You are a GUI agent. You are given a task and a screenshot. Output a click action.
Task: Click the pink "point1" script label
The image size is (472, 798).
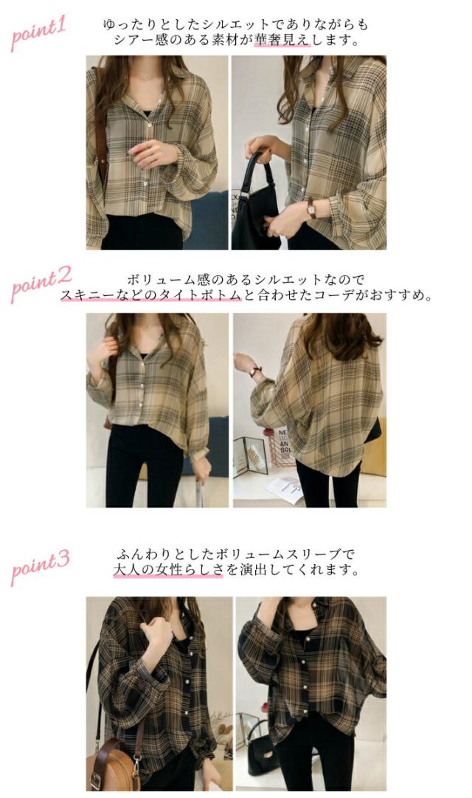click(38, 34)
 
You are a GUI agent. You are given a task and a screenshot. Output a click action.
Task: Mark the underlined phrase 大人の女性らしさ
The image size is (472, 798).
click(167, 570)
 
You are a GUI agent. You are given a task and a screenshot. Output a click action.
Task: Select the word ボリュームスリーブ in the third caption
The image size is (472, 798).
click(287, 554)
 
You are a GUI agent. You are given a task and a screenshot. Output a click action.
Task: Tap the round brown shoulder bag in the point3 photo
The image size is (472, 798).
click(113, 764)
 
